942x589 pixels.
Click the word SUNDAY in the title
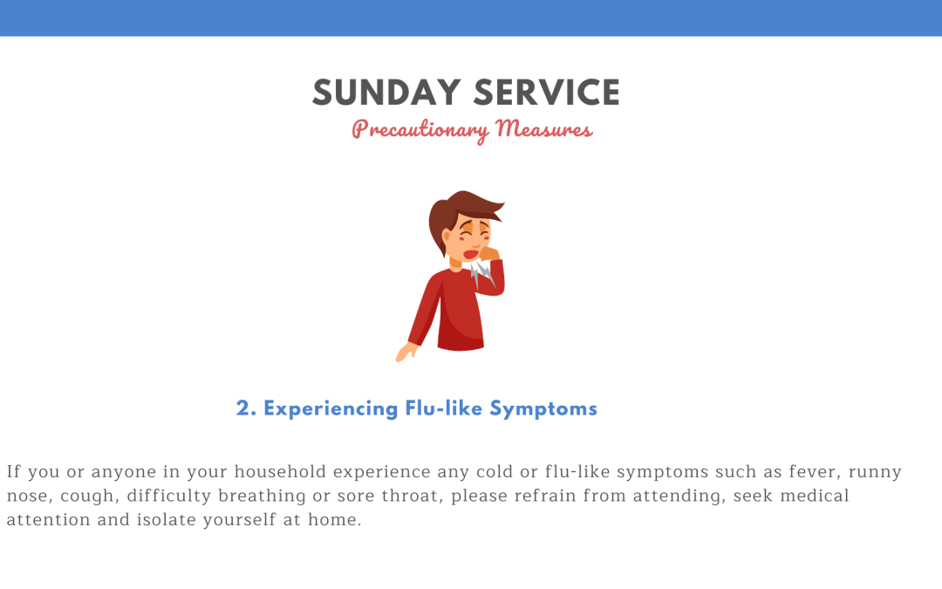[x=386, y=92]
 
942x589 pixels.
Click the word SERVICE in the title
[x=547, y=92]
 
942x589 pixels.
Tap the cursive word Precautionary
[x=420, y=130]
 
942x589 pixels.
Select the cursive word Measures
[x=544, y=128]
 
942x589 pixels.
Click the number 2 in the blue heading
[x=243, y=408]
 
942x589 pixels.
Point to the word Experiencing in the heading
[x=331, y=409]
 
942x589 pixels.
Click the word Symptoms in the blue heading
[x=543, y=409]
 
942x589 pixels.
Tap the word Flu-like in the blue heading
[x=444, y=408]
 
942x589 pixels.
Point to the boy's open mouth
[x=470, y=254]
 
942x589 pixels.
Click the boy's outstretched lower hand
[x=406, y=353]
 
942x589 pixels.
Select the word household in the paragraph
[x=280, y=471]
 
